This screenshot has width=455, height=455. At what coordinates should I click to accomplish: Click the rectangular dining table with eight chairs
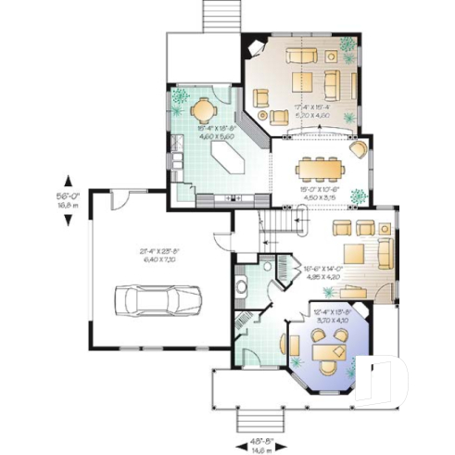319,168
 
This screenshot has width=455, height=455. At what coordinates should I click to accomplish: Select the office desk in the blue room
329,352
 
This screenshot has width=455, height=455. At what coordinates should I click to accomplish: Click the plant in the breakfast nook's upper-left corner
179,95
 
